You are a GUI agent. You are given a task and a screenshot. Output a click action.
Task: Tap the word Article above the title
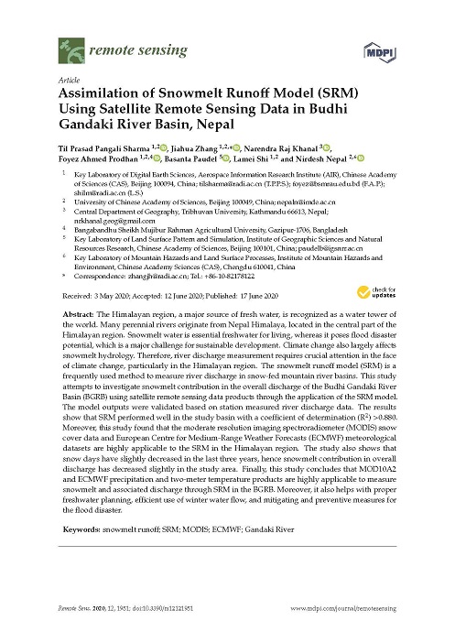70,81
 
